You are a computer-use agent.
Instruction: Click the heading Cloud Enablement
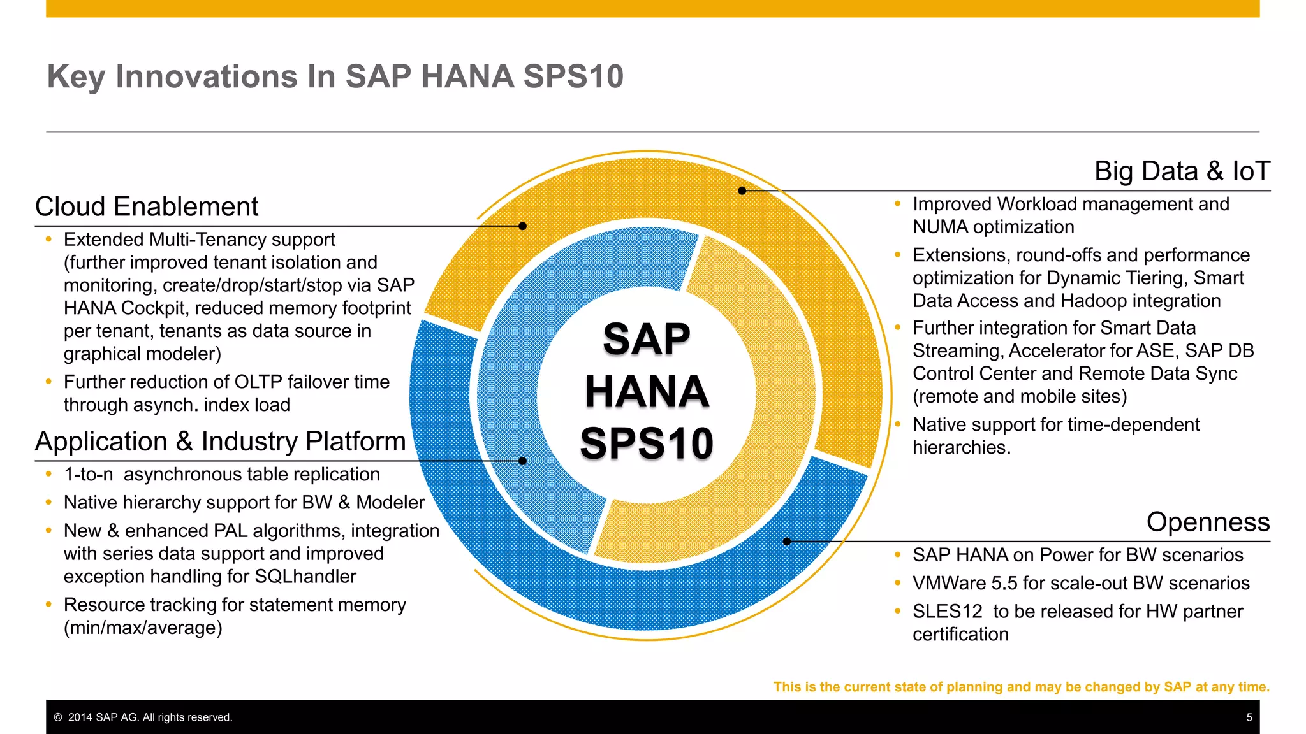pyautogui.click(x=147, y=207)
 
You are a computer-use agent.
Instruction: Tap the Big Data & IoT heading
pyautogui.click(x=1182, y=171)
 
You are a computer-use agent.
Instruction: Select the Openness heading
pyautogui.click(x=1208, y=522)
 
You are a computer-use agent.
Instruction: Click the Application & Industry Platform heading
pyautogui.click(x=220, y=442)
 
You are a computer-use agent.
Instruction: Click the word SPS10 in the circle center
pyautogui.click(x=647, y=443)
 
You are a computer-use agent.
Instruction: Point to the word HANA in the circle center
pyautogui.click(x=647, y=391)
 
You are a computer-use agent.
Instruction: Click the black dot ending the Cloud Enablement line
pyautogui.click(x=522, y=226)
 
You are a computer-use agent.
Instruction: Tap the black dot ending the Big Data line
pyautogui.click(x=742, y=191)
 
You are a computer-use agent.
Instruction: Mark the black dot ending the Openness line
pyautogui.click(x=787, y=542)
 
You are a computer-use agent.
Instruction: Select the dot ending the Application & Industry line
pyautogui.click(x=522, y=461)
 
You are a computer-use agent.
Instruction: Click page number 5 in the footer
pyautogui.click(x=1249, y=717)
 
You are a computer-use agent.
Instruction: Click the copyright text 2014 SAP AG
pyautogui.click(x=150, y=717)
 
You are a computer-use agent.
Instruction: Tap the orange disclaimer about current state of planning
pyautogui.click(x=1021, y=687)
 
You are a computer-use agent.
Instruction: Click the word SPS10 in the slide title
pyautogui.click(x=573, y=76)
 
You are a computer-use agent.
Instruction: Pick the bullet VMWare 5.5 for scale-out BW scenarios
pyautogui.click(x=1080, y=583)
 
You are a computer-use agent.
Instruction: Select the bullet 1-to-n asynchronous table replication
pyautogui.click(x=221, y=475)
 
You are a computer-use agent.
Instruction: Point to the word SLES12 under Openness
pyautogui.click(x=947, y=612)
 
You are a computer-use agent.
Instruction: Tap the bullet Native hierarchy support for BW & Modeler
pyautogui.click(x=244, y=503)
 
